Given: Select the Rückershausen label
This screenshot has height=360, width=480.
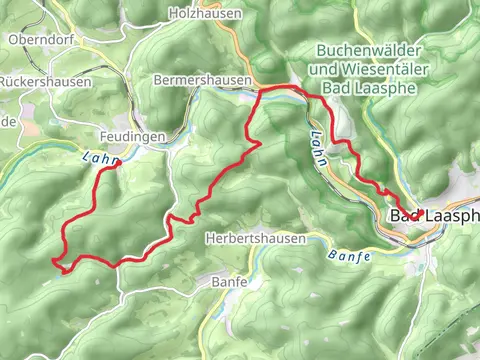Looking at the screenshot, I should click(x=46, y=81).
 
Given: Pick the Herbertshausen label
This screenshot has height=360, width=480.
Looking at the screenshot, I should click(x=253, y=238).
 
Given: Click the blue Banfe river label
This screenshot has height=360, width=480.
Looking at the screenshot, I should click(x=349, y=256).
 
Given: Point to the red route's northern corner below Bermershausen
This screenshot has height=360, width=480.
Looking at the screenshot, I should click(x=262, y=90).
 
